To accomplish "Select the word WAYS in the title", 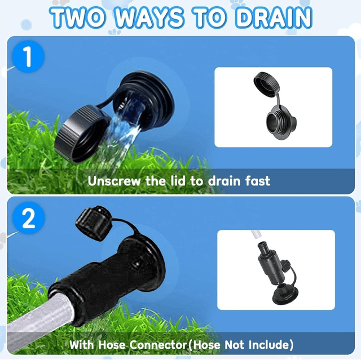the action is [149, 18].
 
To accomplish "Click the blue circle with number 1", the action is [28, 56].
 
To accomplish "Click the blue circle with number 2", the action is [29, 218].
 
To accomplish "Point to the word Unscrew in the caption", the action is [114, 181].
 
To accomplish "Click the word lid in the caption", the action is [178, 181].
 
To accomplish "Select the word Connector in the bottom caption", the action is [158, 345].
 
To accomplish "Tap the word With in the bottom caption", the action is [82, 345].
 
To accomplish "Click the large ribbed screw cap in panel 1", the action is [81, 135].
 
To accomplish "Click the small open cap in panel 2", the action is [94, 223].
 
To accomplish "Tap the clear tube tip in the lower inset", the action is [256, 235].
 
